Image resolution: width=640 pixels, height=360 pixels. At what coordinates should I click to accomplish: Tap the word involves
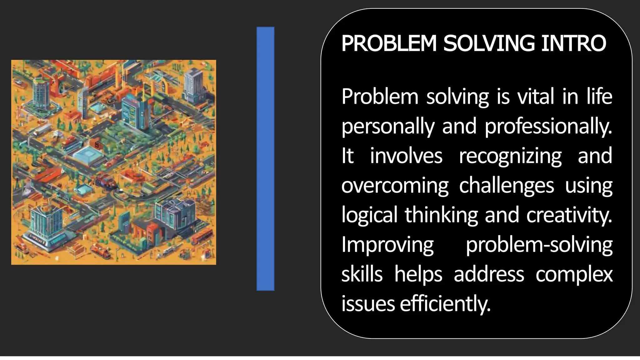(406, 156)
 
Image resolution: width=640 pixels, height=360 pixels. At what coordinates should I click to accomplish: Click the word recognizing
(510, 156)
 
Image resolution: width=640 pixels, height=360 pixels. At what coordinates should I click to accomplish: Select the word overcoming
(395, 186)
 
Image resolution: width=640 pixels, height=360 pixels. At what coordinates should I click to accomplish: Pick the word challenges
(507, 186)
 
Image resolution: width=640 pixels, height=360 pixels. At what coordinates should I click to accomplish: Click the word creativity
(569, 215)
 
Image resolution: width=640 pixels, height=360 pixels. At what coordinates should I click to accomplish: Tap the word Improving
(387, 245)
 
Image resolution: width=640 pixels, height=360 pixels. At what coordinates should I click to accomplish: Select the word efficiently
(445, 304)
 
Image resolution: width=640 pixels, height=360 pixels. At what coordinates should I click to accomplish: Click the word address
(489, 274)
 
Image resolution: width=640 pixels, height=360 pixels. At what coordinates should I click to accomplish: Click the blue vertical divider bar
(265, 159)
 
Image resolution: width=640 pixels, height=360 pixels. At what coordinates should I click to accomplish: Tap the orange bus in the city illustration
(202, 237)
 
